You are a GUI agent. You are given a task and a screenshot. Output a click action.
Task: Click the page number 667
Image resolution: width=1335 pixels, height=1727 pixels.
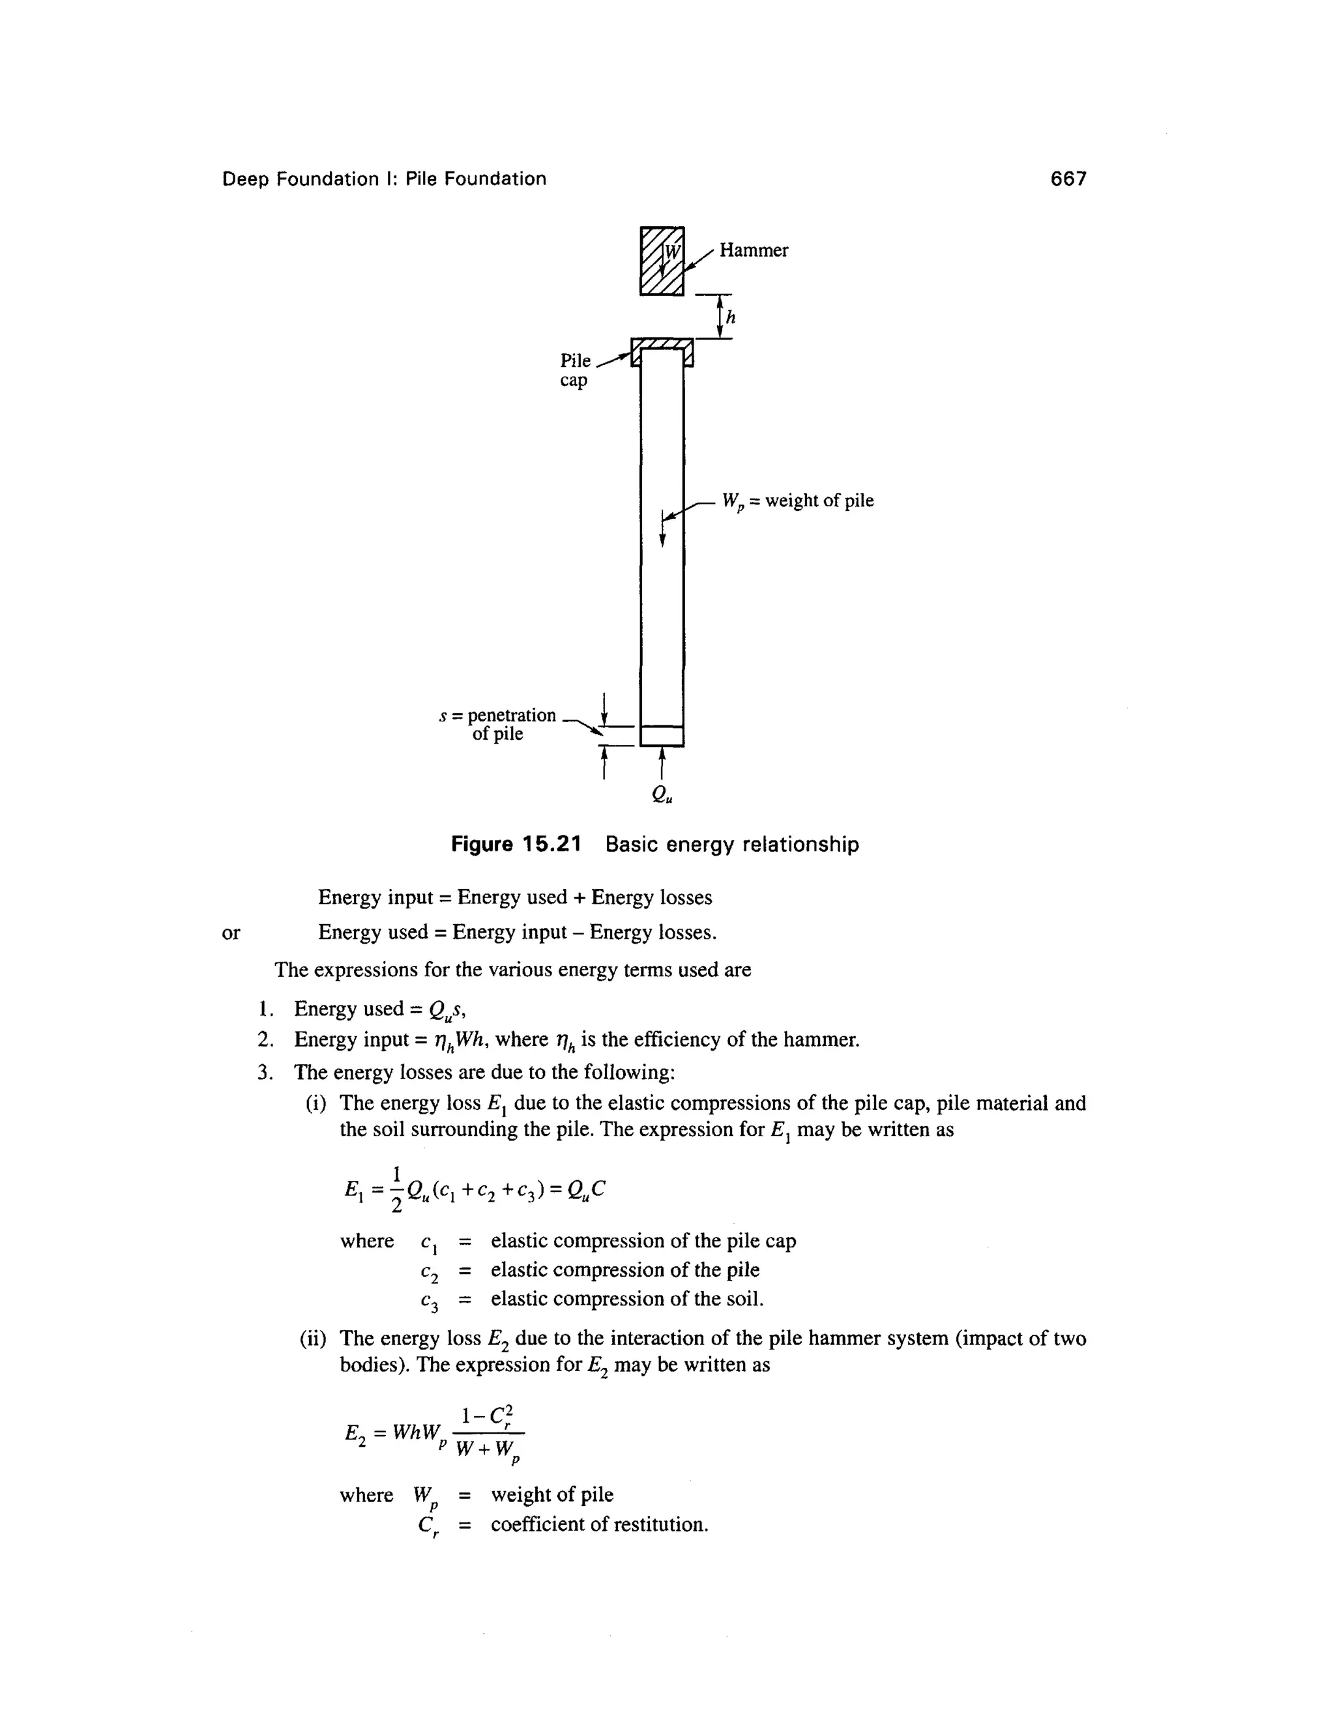[x=1068, y=179]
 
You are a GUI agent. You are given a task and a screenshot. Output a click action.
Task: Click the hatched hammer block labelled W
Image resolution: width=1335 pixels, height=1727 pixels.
[x=661, y=260]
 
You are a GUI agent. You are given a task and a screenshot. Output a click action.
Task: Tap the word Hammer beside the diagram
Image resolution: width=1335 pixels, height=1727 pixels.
[x=753, y=251]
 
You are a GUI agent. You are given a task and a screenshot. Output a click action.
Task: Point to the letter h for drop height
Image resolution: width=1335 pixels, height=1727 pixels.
[x=730, y=317]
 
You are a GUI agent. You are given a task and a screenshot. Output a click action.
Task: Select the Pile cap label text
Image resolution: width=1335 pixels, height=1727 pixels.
[x=575, y=370]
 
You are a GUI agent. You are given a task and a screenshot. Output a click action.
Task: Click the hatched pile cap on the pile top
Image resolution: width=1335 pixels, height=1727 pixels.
[x=662, y=344]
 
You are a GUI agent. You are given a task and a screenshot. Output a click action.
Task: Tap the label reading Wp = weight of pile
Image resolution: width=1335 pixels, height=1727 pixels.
[x=798, y=501]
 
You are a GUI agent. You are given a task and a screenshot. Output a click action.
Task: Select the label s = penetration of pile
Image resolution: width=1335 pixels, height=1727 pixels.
[x=498, y=724]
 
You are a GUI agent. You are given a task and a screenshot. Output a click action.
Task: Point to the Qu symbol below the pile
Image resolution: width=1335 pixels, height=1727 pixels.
[x=663, y=796]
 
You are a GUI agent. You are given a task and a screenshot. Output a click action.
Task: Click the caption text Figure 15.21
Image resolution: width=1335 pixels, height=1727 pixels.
[x=516, y=845]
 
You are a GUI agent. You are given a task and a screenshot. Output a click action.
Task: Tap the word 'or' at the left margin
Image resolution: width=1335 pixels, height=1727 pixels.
[x=230, y=933]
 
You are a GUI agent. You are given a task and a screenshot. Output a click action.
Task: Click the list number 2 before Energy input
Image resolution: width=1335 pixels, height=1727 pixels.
[x=263, y=1040]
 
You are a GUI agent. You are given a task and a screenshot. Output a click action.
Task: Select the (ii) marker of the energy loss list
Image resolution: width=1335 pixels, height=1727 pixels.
[x=314, y=1339]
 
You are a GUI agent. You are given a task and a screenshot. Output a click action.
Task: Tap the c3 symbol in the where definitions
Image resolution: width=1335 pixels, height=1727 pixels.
[x=429, y=1301]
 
